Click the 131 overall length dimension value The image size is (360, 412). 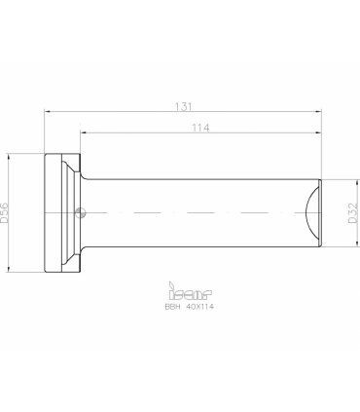[x=184, y=106]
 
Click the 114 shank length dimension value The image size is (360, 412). [x=200, y=128]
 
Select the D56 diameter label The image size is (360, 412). [x=4, y=212]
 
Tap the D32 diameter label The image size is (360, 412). [x=353, y=213]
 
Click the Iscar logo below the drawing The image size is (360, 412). [x=190, y=291]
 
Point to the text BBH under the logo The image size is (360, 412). [x=172, y=307]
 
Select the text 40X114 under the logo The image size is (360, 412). [x=200, y=307]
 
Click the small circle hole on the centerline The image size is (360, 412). [x=80, y=213]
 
